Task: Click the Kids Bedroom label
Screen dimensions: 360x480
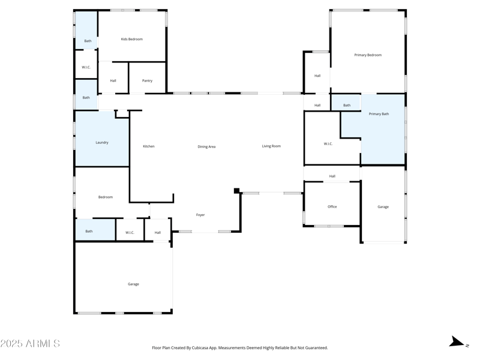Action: tap(131, 39)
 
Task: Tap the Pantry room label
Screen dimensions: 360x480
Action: tap(147, 80)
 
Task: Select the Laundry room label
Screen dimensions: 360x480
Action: tap(102, 142)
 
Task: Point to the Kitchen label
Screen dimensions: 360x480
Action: tap(148, 146)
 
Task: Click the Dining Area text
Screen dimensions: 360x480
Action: tap(206, 146)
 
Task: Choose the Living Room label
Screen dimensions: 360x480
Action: tap(271, 146)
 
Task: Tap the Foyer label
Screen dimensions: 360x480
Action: tap(200, 215)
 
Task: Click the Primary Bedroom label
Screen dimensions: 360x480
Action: tap(368, 55)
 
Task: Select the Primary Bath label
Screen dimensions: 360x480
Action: tap(379, 114)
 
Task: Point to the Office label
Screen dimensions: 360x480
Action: tap(332, 206)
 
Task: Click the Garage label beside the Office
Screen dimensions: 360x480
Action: tap(383, 206)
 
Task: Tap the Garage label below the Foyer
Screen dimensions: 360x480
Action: tap(133, 284)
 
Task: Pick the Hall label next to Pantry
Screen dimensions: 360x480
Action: tap(113, 80)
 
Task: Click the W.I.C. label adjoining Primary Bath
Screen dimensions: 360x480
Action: tap(328, 143)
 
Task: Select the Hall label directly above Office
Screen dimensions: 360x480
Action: tap(332, 176)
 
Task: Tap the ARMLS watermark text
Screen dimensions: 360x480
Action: tap(30, 344)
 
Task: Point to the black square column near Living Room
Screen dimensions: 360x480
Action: tap(236, 191)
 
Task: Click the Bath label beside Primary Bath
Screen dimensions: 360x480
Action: tap(347, 105)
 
